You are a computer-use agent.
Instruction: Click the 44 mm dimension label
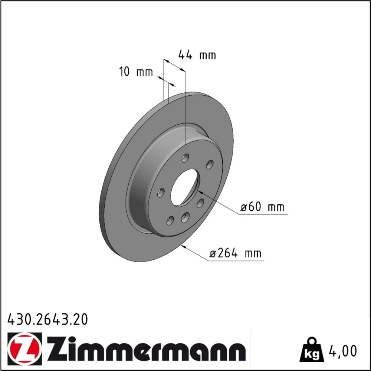click(197, 55)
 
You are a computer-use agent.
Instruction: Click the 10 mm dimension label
click(136, 72)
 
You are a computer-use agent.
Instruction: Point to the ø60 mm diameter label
click(262, 207)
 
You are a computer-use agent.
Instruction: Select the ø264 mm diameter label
click(236, 253)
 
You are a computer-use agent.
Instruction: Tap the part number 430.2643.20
click(47, 319)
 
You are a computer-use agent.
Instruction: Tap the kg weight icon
click(311, 351)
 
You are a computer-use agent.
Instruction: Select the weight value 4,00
click(342, 351)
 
